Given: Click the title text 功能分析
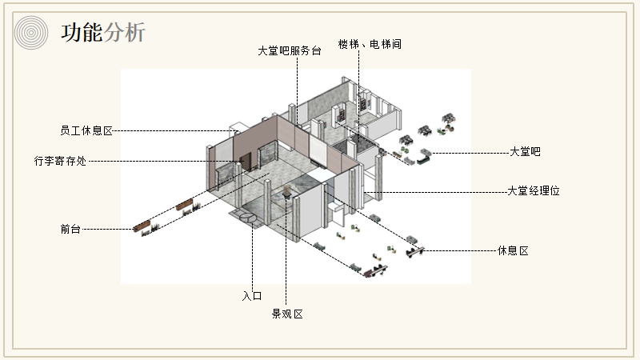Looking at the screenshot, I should coord(103,33).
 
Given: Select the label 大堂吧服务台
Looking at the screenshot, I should coord(289,50).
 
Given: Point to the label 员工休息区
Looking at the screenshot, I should coord(86,130).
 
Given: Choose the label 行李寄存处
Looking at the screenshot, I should coord(60,161).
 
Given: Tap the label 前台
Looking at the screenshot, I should coord(70,229).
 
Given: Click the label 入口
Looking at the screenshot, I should coord(252,296).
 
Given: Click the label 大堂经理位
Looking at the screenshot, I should coord(533,191).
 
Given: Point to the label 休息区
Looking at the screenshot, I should coord(513,251).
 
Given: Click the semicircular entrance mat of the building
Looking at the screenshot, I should coord(247,216).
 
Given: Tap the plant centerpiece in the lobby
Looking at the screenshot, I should coord(286,192).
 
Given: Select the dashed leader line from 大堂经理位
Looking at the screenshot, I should coord(448,192).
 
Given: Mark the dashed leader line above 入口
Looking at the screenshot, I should coord(253,256).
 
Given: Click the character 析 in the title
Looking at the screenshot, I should coord(135,33).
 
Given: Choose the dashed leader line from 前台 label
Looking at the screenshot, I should coord(108,229).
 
